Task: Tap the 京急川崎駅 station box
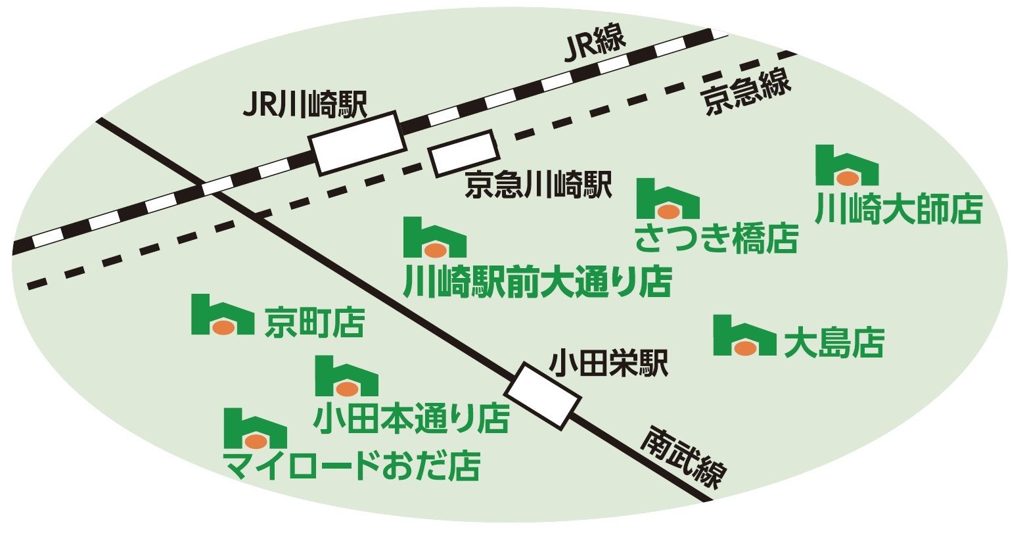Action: point(463,153)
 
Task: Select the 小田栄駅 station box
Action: point(543,396)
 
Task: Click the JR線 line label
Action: point(595,46)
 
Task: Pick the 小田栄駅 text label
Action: point(608,363)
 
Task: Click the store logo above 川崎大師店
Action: point(847,166)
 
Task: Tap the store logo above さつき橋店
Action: point(668,198)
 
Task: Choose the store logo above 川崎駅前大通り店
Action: point(434,237)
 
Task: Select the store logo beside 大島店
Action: point(744,336)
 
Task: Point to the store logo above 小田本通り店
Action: point(346,376)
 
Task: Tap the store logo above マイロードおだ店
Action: point(255,429)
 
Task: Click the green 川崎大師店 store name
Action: point(898,209)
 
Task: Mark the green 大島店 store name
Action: point(834,342)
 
